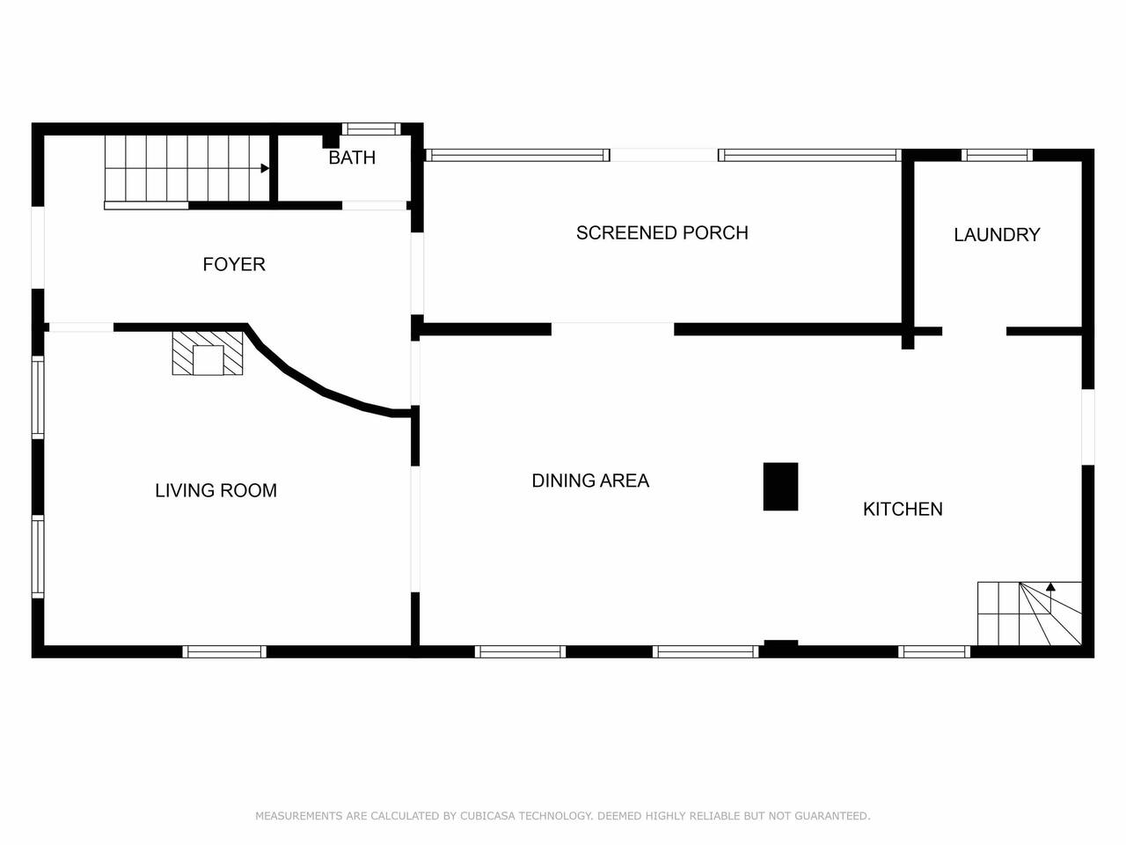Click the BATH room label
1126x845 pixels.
pyautogui.click(x=352, y=158)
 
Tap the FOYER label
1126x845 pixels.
pyautogui.click(x=234, y=264)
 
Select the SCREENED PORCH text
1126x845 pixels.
pyautogui.click(x=662, y=233)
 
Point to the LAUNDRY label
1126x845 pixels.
pyautogui.click(x=997, y=235)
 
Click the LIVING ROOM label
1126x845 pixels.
pyautogui.click(x=216, y=490)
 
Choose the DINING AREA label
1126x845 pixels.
pyautogui.click(x=590, y=481)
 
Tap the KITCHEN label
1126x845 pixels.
pyautogui.click(x=903, y=509)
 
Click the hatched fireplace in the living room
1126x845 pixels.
pyautogui.click(x=208, y=353)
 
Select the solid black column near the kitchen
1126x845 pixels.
pyautogui.click(x=780, y=487)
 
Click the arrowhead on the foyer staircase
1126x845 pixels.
pyautogui.click(x=265, y=168)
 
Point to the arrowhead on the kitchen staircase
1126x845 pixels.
pyautogui.click(x=1050, y=587)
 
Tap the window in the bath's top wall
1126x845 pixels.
pyautogui.click(x=371, y=129)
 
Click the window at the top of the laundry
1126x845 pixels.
pyautogui.click(x=997, y=155)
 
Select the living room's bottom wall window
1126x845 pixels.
pyautogui.click(x=224, y=651)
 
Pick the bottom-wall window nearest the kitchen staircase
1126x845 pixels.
pyautogui.click(x=934, y=651)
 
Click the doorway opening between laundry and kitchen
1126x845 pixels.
pyautogui.click(x=974, y=332)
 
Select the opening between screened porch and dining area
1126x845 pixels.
pyautogui.click(x=612, y=329)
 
